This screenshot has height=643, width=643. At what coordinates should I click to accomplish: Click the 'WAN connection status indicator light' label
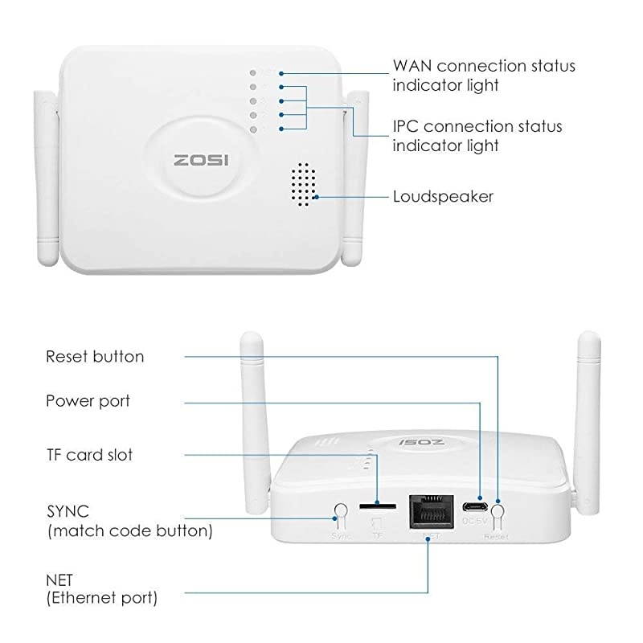(483, 75)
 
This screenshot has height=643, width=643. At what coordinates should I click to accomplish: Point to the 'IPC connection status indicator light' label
(477, 136)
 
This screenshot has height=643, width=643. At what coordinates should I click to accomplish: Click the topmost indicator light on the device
(254, 72)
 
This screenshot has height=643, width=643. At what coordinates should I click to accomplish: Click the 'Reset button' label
(95, 356)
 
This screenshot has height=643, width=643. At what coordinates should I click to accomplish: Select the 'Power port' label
(88, 400)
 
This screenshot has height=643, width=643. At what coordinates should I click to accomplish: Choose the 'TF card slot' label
(89, 455)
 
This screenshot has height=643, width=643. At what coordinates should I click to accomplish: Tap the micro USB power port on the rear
(475, 507)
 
